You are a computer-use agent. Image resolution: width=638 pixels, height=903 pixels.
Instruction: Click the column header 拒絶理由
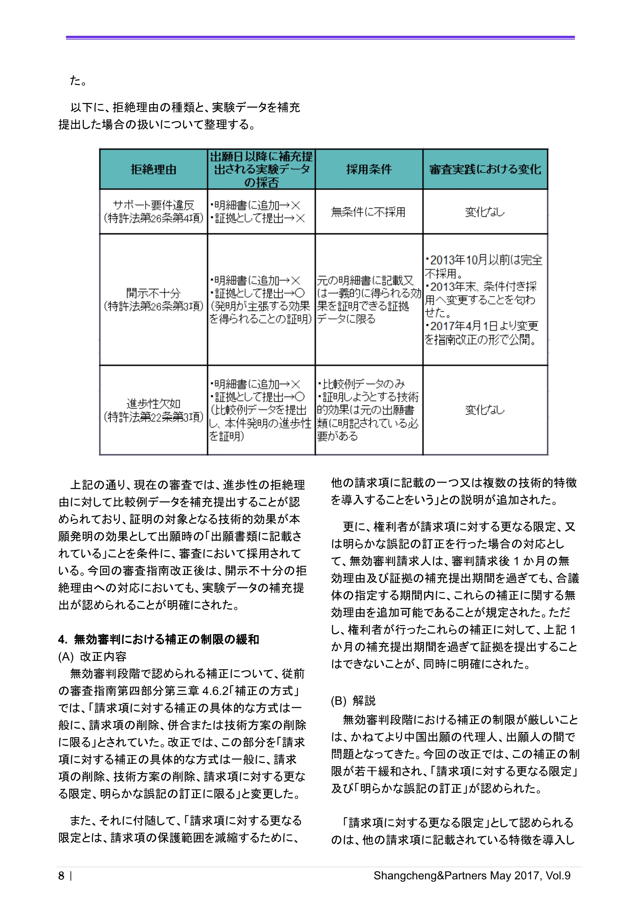tap(154, 169)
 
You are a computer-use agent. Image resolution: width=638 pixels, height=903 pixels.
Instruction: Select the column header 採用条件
tap(369, 169)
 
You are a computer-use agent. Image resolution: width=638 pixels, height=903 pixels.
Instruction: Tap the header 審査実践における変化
tap(485, 169)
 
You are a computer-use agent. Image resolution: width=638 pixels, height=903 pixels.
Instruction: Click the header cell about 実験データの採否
tap(261, 169)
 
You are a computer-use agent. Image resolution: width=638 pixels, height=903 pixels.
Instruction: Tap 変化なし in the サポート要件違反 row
tap(485, 212)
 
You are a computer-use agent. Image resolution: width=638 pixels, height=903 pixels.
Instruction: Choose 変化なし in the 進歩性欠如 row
tap(485, 410)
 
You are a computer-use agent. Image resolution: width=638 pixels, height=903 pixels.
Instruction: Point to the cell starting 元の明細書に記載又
tap(368, 299)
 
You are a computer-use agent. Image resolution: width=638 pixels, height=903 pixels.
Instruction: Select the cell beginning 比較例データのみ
tap(367, 410)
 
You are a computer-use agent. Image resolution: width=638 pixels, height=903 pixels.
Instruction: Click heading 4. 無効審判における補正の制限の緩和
tap(159, 640)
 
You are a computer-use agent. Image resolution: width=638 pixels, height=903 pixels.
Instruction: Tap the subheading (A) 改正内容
tap(92, 657)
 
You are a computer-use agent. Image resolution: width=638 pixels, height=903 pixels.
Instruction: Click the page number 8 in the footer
tap(61, 876)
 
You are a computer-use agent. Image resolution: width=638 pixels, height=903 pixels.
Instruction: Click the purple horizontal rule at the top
tap(320, 38)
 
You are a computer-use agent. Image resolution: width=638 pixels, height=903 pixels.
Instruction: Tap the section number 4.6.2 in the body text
tap(215, 691)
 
